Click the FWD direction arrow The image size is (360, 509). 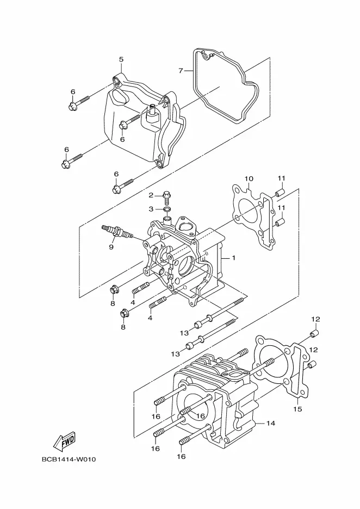(64, 442)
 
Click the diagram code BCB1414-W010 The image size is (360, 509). (69, 460)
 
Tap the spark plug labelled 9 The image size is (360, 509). (117, 231)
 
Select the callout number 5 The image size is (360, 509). (121, 59)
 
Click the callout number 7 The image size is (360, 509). (181, 71)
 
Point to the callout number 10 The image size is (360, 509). (249, 178)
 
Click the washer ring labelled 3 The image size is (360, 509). (167, 209)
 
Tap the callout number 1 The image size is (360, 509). (233, 258)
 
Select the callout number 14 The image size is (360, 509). (271, 423)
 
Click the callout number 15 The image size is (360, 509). (297, 409)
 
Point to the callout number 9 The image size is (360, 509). (111, 247)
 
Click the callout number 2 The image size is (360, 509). (151, 195)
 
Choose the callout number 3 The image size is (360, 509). (151, 209)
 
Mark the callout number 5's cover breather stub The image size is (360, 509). (152, 112)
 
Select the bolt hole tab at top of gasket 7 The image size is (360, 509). (205, 57)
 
